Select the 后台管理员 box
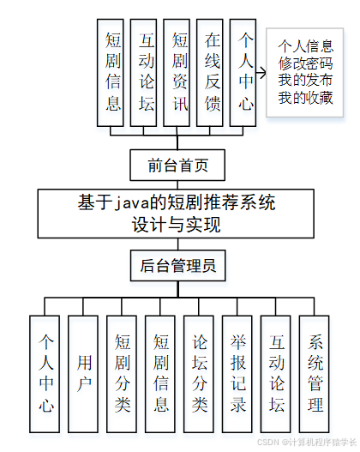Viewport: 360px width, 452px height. [178, 266]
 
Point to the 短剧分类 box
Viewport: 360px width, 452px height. [122, 373]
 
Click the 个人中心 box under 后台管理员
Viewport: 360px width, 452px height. [45, 373]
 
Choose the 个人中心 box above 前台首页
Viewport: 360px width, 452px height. [246, 73]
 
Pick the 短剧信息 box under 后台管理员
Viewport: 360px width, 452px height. [160, 373]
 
